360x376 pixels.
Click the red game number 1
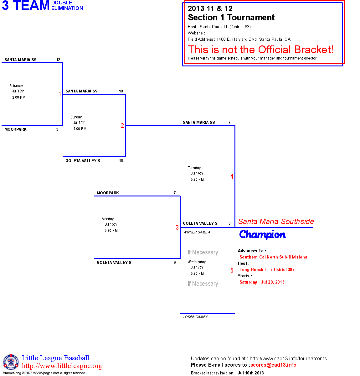tap(60, 94)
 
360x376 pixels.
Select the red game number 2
tap(122, 126)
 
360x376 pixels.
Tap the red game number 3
tap(177, 227)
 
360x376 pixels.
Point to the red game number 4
tap(232, 176)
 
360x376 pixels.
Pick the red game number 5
tap(232, 270)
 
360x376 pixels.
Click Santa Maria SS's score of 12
tap(58, 60)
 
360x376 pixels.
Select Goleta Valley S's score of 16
tap(121, 160)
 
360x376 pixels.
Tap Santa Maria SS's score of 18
tap(121, 91)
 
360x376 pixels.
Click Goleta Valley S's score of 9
tap(174, 262)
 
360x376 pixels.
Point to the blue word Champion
tap(262, 235)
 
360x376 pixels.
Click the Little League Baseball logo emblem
tap(11, 362)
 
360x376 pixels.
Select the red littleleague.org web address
tap(62, 366)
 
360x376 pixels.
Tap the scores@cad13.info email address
tap(273, 365)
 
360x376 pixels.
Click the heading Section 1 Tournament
tap(231, 17)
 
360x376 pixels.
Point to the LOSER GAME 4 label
tap(195, 317)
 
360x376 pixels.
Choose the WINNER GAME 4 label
tap(197, 232)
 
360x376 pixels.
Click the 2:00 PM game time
tap(19, 97)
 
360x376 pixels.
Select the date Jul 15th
tap(111, 224)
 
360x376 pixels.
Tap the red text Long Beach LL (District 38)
tap(267, 270)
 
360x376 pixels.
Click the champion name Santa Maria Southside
tap(276, 222)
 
